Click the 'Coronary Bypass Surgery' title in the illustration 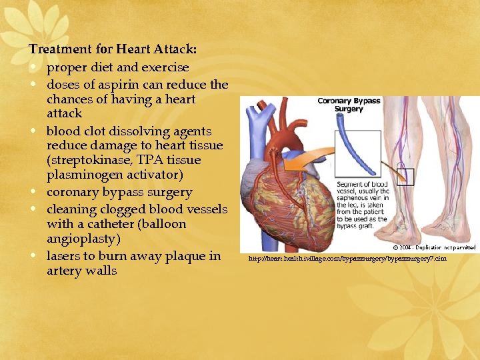tap(349, 105)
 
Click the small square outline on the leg tap(406, 177)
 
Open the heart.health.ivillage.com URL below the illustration tap(347, 259)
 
